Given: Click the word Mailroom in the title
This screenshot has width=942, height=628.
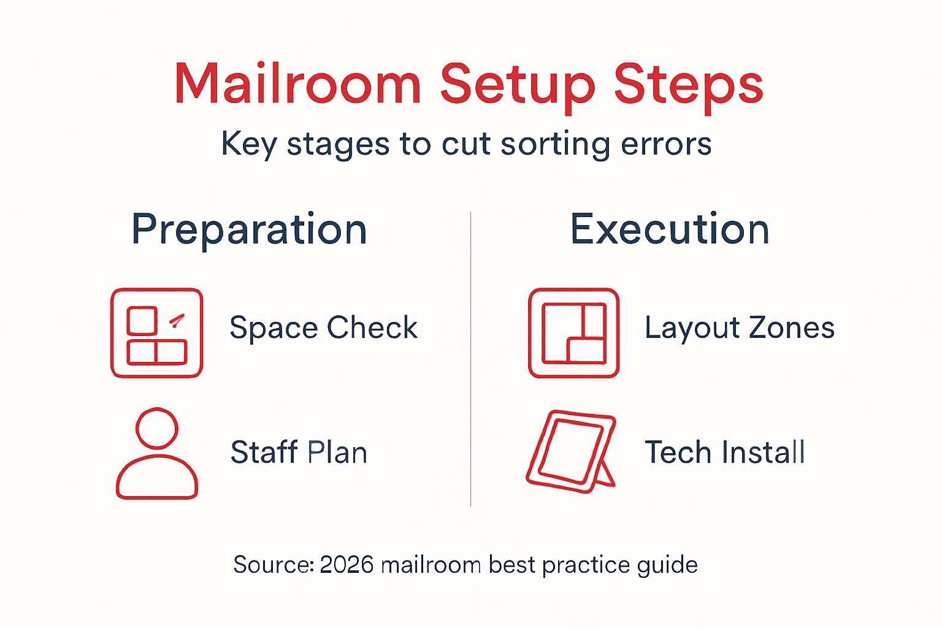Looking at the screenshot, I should pyautogui.click(x=298, y=84).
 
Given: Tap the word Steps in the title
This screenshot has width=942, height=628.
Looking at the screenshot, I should pyautogui.click(x=688, y=84).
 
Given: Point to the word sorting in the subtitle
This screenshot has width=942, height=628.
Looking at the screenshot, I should pyautogui.click(x=554, y=145).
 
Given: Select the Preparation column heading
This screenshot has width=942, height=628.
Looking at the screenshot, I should pyautogui.click(x=250, y=230).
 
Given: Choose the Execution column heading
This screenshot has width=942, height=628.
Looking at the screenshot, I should pyautogui.click(x=670, y=229).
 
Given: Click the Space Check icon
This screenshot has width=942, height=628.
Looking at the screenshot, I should pyautogui.click(x=156, y=333).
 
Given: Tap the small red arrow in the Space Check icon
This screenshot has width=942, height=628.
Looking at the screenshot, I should pyautogui.click(x=177, y=320).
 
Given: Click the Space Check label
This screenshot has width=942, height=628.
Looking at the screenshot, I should pyautogui.click(x=323, y=327).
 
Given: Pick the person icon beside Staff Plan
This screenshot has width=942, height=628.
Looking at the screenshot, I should pyautogui.click(x=157, y=454).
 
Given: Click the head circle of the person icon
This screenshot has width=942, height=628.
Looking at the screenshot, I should pyautogui.click(x=157, y=428).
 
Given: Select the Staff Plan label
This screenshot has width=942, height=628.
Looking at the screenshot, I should pyautogui.click(x=299, y=453).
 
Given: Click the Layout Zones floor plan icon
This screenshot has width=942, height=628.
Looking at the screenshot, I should pyautogui.click(x=573, y=333).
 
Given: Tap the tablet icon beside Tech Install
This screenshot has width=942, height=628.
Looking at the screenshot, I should pyautogui.click(x=570, y=452).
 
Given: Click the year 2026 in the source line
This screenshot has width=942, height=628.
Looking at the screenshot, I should pyautogui.click(x=347, y=565).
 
